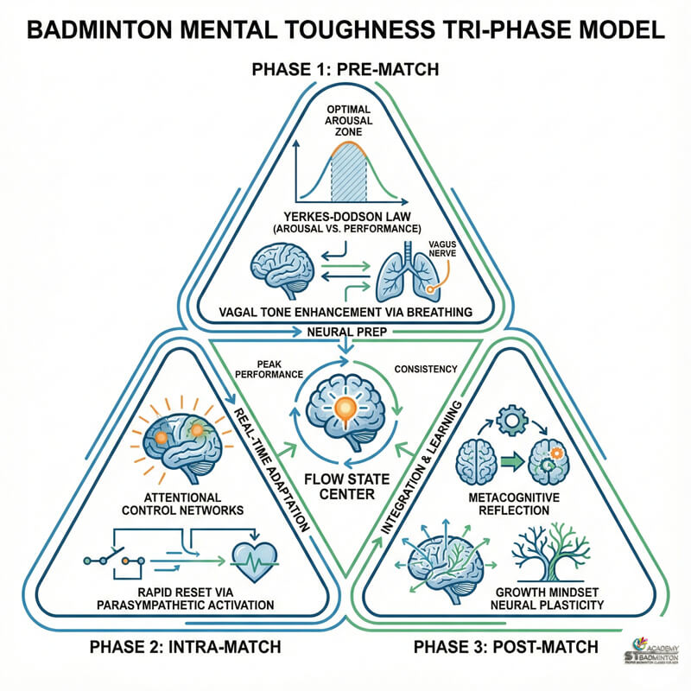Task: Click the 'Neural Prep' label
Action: pos(345,332)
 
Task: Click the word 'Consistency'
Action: pos(424,369)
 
